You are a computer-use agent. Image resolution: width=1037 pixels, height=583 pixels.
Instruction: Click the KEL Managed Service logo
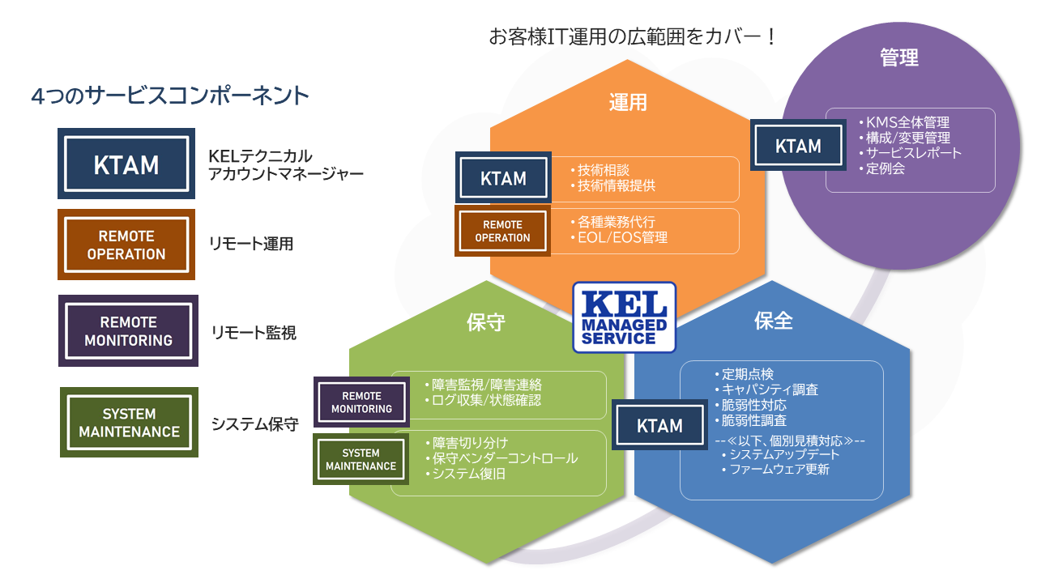coord(624,317)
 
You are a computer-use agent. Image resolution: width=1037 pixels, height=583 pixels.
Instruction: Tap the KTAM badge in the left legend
coord(126,164)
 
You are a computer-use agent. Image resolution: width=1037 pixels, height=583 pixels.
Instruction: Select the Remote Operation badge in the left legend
coord(126,245)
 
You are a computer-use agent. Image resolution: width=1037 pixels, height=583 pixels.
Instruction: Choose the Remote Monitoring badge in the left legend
coord(128,331)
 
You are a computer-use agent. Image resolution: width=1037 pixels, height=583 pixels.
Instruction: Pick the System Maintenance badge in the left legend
coord(129,423)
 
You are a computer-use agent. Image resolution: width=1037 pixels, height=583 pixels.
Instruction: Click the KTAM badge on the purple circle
coord(798,145)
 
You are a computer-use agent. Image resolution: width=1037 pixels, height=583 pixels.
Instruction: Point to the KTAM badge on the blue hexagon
coord(659,425)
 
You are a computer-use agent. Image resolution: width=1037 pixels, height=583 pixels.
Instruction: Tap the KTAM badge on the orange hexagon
coord(503,177)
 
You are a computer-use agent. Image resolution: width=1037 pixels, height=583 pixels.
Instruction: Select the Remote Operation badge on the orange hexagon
coord(503,231)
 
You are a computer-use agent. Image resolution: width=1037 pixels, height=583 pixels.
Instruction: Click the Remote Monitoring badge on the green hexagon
coord(361,402)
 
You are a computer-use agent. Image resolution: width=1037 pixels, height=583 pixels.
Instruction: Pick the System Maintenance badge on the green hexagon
coord(361,459)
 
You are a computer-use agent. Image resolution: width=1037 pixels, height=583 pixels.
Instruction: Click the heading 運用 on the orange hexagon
coord(628,102)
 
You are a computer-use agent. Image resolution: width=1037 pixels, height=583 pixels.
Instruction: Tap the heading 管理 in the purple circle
coord(899,57)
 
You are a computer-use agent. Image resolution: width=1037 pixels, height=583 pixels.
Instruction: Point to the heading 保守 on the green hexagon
coord(485,322)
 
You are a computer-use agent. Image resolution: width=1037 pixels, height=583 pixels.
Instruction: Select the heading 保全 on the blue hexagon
coord(773,321)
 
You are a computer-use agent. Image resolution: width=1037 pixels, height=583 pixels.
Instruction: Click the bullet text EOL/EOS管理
coord(622,238)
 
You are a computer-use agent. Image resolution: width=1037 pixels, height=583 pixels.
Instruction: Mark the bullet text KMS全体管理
coord(907,122)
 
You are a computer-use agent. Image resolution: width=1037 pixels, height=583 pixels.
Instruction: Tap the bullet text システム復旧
coord(468,474)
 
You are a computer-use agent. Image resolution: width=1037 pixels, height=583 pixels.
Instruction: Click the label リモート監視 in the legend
coord(254,333)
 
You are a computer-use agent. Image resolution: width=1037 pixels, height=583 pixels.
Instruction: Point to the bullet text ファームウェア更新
coord(779,469)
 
